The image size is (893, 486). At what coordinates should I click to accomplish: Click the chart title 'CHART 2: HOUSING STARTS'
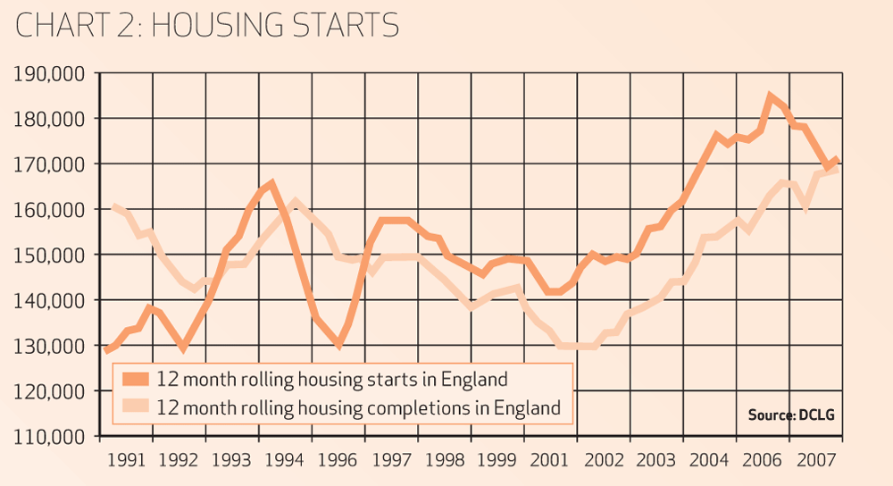click(207, 25)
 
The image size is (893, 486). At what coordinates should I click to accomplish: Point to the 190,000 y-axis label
click(51, 73)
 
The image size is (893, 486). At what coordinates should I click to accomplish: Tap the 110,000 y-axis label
click(51, 437)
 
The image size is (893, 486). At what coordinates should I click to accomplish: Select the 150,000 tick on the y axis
click(51, 255)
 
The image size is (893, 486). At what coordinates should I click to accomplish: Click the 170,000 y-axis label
click(51, 164)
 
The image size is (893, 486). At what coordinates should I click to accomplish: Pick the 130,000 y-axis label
click(51, 346)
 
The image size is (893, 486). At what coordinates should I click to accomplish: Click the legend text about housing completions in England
click(358, 408)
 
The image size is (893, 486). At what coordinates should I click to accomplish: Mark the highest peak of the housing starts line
click(770, 96)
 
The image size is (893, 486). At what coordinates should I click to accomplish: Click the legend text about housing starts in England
click(331, 379)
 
